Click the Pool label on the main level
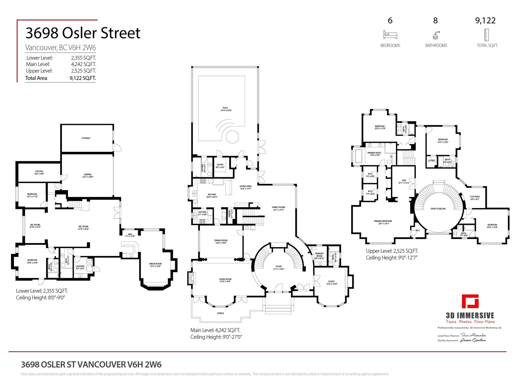coord(225,108)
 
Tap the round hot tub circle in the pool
coord(232,137)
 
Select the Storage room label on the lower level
coord(86,138)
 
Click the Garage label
coord(88,174)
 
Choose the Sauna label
coord(220,165)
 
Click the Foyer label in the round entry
coord(279,266)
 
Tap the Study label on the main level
coord(331,281)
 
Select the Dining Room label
coord(221,240)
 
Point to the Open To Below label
coord(438,209)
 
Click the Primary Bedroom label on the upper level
coord(383,221)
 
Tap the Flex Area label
coord(475,197)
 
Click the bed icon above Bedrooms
coord(390,34)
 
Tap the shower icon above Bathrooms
coord(436,35)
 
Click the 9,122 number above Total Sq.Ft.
coord(485,21)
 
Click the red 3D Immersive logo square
coord(470,301)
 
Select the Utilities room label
coord(39,171)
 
